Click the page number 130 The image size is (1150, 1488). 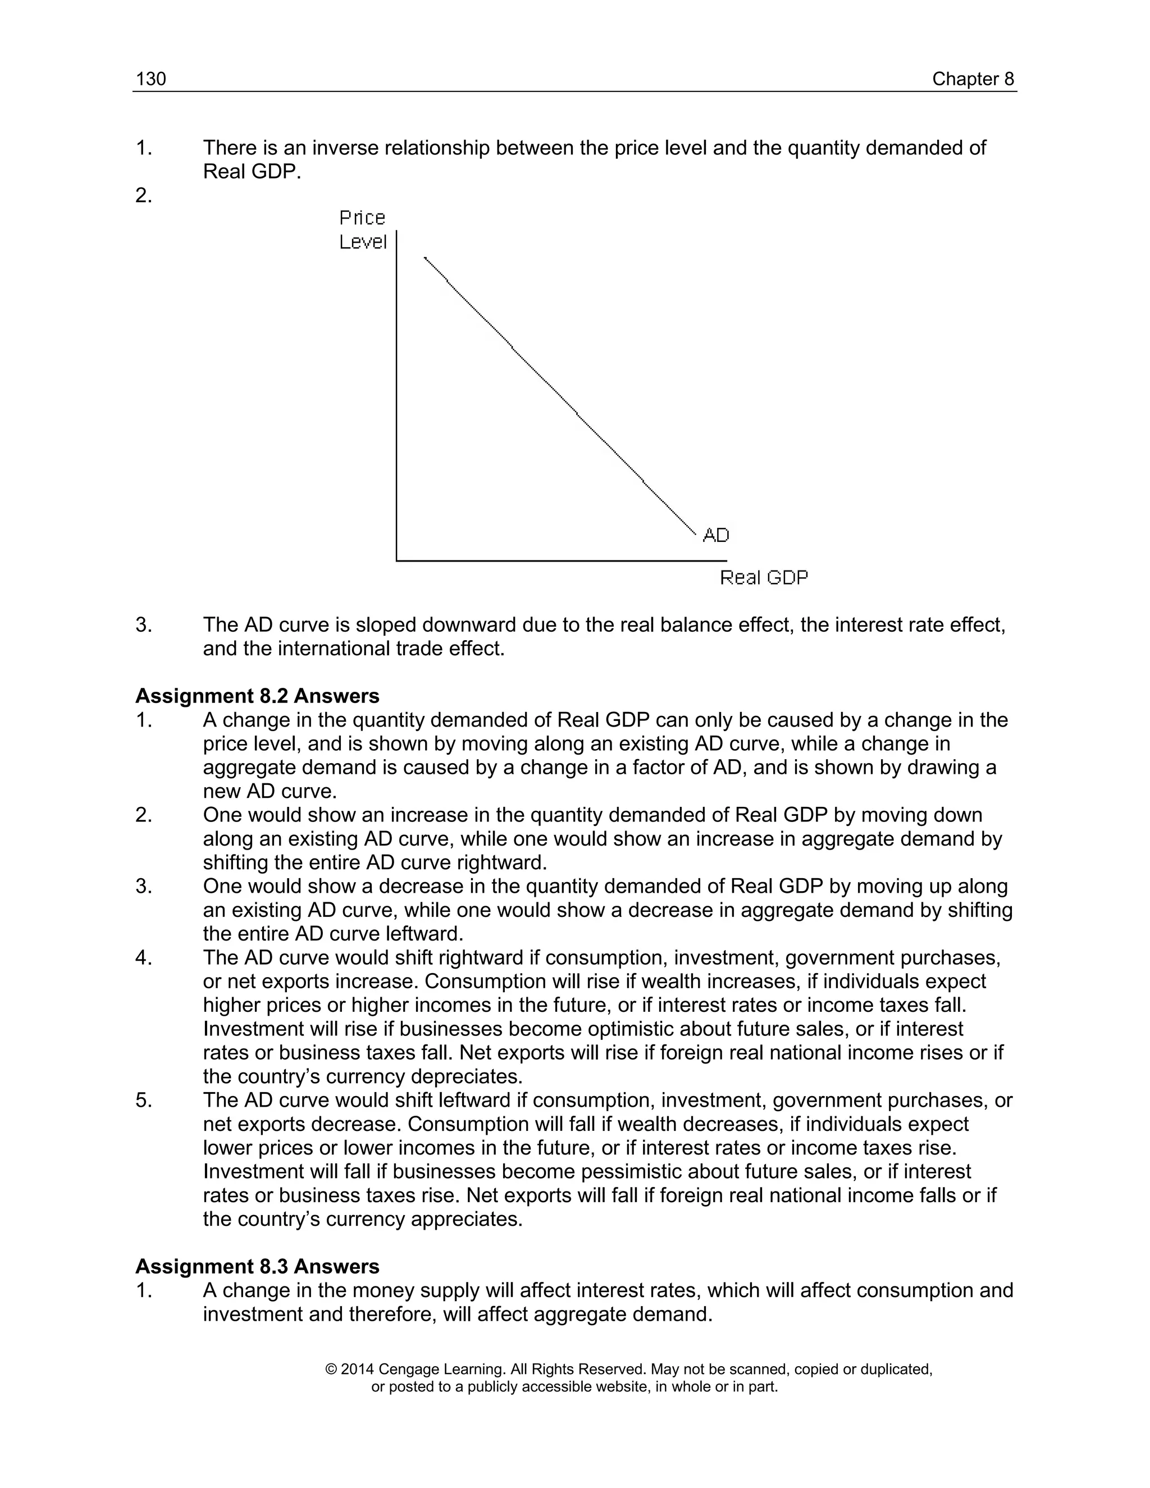coord(150,79)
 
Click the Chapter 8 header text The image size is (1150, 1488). coord(973,79)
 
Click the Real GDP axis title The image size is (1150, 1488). coord(764,578)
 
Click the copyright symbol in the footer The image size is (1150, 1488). coord(332,1369)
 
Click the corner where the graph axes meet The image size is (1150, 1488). coord(396,561)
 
